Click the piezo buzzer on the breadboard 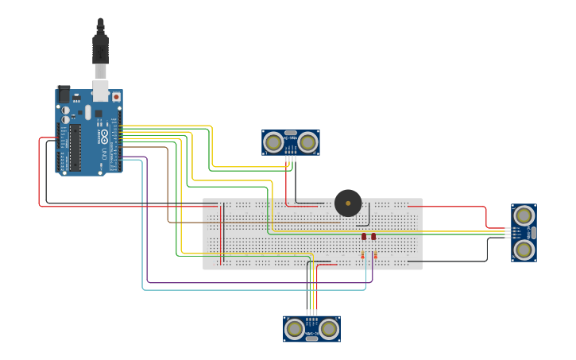[x=348, y=203]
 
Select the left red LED [x=364, y=237]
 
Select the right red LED [x=373, y=237]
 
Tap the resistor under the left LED [x=363, y=255]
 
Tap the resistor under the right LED [x=374, y=255]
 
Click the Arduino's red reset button [x=116, y=97]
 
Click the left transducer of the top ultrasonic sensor [x=273, y=142]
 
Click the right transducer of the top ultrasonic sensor [x=307, y=142]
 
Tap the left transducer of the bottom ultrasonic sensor [x=295, y=327]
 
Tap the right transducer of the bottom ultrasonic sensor [x=329, y=327]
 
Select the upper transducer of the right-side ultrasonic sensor [x=524, y=215]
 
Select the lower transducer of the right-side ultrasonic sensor [x=524, y=250]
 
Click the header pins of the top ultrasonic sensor [x=291, y=157]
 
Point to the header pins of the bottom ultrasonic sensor [x=311, y=313]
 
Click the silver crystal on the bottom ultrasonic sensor [x=311, y=338]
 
